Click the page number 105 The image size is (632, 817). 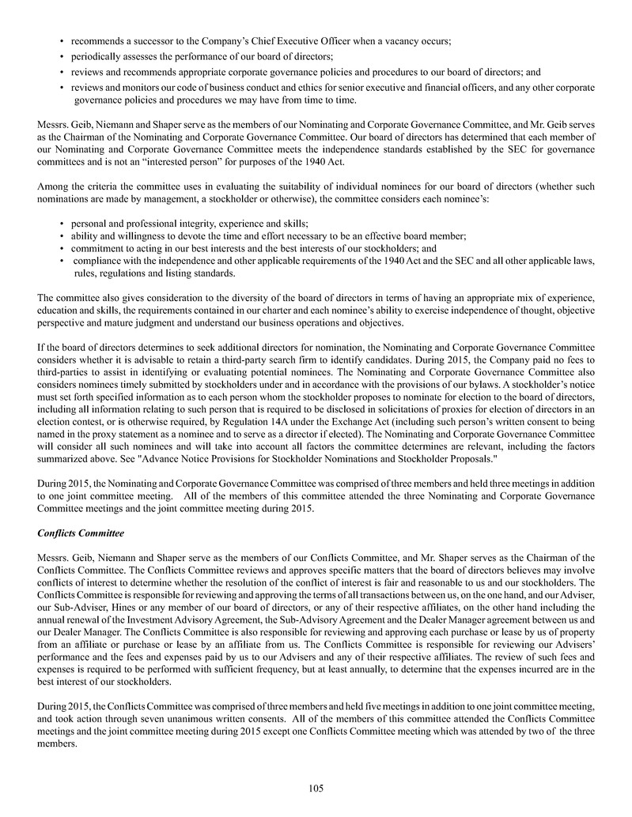316,788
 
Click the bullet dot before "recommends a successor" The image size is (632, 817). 62,40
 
